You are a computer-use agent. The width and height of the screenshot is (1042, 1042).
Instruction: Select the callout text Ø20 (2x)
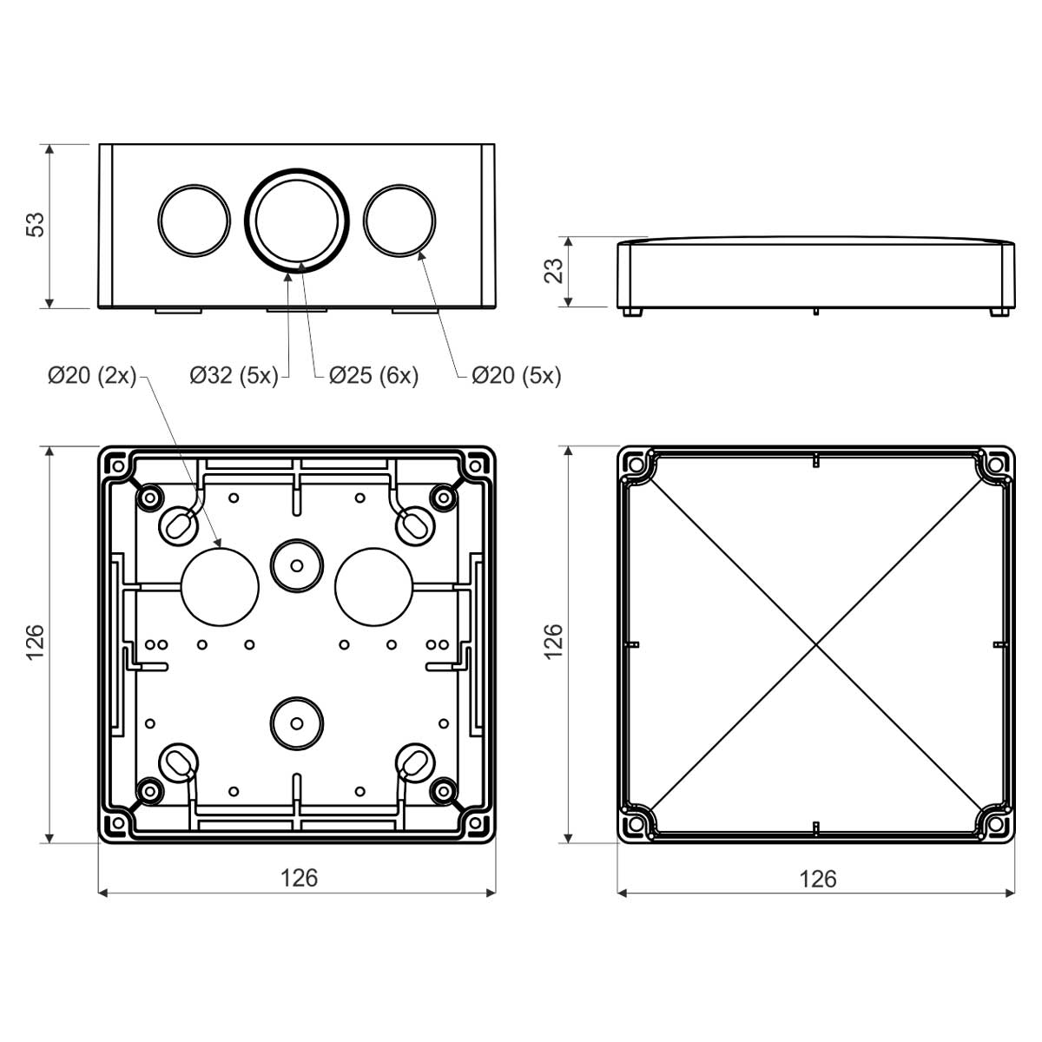pos(92,375)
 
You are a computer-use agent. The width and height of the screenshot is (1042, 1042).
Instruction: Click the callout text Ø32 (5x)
pos(234,375)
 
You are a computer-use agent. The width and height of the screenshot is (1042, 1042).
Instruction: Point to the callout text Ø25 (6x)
pos(373,375)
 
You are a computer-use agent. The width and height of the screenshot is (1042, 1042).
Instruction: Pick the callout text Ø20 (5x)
pos(516,375)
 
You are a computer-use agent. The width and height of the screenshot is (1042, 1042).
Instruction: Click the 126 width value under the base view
pos(299,878)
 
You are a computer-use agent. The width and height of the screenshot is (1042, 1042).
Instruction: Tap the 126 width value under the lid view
pos(817,879)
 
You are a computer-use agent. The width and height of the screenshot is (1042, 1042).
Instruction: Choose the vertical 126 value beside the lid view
pos(554,643)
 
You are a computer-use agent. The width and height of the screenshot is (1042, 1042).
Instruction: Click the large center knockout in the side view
pos(297,220)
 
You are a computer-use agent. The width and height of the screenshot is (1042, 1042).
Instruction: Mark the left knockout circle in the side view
pos(195,220)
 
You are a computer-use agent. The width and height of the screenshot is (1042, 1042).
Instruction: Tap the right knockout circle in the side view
pos(399,220)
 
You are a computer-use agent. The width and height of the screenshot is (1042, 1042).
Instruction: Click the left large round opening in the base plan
pos(221,585)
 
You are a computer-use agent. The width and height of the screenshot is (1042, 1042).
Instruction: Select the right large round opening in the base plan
pos(373,585)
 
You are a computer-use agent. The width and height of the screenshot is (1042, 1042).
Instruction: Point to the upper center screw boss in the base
pos(296,565)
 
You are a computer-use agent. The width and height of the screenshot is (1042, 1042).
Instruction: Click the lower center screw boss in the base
pos(296,722)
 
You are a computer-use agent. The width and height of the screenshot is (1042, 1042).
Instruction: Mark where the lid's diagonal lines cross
pos(816,644)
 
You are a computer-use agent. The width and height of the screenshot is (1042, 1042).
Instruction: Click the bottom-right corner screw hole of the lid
pos(994,821)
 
